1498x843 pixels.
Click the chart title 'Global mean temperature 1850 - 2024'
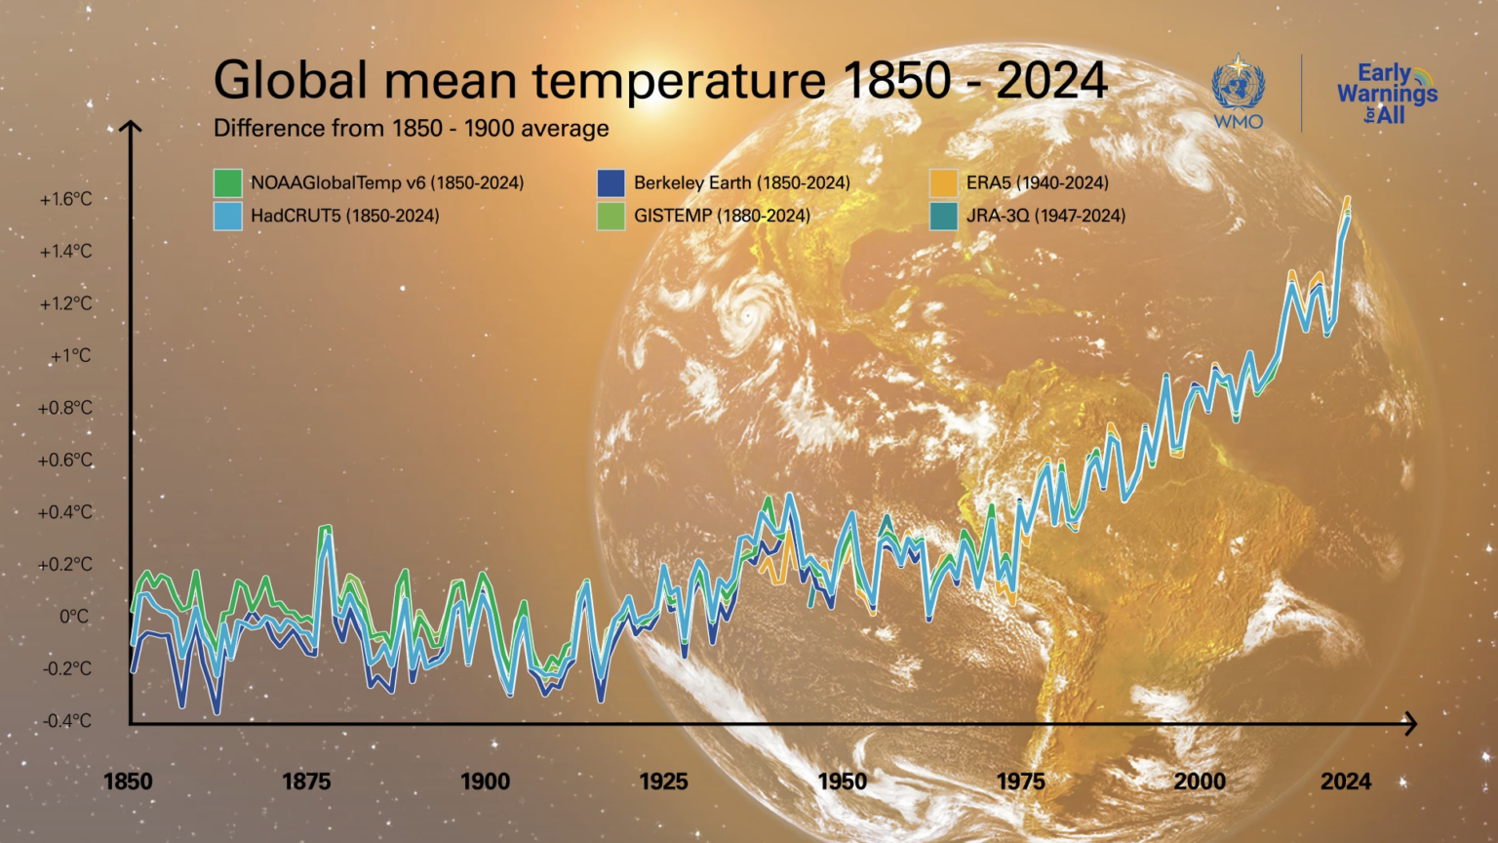660,80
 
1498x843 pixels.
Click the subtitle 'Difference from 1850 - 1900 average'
411,129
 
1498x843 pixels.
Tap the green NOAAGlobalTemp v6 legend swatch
227,182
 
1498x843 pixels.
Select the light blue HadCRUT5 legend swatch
227,216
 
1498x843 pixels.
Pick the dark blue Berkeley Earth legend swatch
611,182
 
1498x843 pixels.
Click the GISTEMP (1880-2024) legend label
722,216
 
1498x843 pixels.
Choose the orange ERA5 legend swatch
943,182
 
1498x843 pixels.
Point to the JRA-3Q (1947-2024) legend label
1045,216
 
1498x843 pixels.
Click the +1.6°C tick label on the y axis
65,199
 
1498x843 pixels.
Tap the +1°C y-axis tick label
70,356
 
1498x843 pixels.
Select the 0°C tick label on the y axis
74,617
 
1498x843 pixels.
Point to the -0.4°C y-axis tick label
66,721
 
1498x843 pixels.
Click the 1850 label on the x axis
128,782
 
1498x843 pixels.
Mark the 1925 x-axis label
663,782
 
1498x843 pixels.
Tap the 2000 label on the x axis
1200,782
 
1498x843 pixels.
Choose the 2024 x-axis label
1346,782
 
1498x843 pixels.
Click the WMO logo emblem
1238,88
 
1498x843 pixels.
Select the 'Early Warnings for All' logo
1386,93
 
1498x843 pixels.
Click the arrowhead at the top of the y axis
131,126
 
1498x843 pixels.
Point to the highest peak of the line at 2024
1348,199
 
